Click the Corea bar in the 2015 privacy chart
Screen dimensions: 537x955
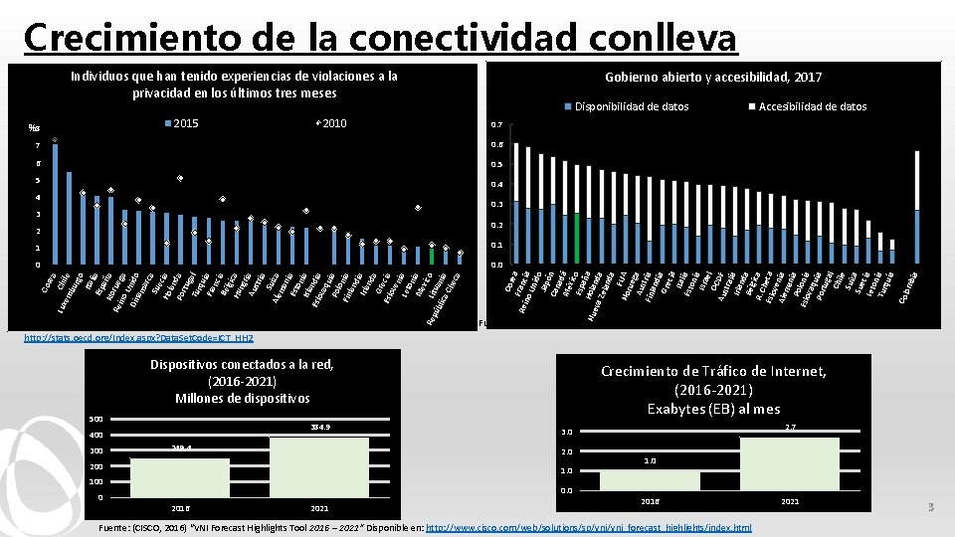click(55, 205)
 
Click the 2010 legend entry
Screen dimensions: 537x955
click(327, 123)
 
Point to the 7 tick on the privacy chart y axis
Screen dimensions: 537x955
click(38, 147)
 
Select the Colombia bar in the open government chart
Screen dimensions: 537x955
click(916, 237)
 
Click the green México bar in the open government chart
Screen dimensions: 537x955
click(577, 239)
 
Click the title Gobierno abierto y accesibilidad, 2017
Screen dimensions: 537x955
click(713, 78)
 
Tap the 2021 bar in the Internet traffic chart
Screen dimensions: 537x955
click(790, 464)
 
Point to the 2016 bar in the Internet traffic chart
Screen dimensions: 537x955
click(649, 481)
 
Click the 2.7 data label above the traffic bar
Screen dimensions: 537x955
click(791, 428)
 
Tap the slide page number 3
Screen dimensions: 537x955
click(931, 508)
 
